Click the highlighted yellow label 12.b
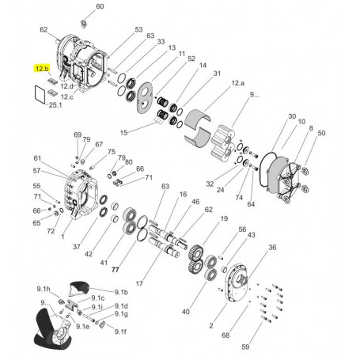(42, 70)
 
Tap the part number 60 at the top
(99, 6)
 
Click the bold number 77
(115, 270)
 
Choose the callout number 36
(272, 248)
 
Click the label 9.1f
(120, 332)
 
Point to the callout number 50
(320, 133)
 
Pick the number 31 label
(217, 74)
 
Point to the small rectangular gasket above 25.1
(36, 94)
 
